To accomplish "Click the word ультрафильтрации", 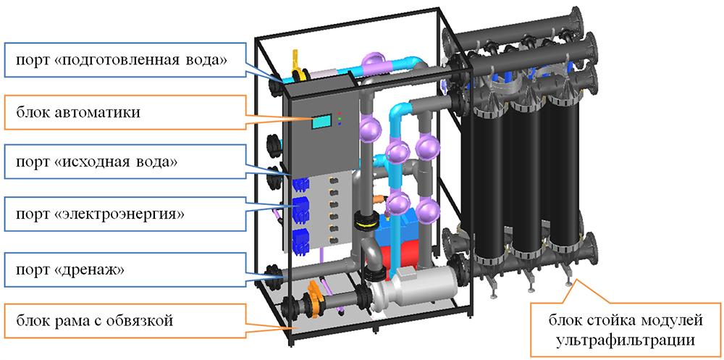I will pyautogui.click(x=628, y=338).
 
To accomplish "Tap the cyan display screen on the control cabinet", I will pyautogui.click(x=321, y=122).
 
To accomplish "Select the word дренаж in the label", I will pyautogui.click(x=99, y=269).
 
